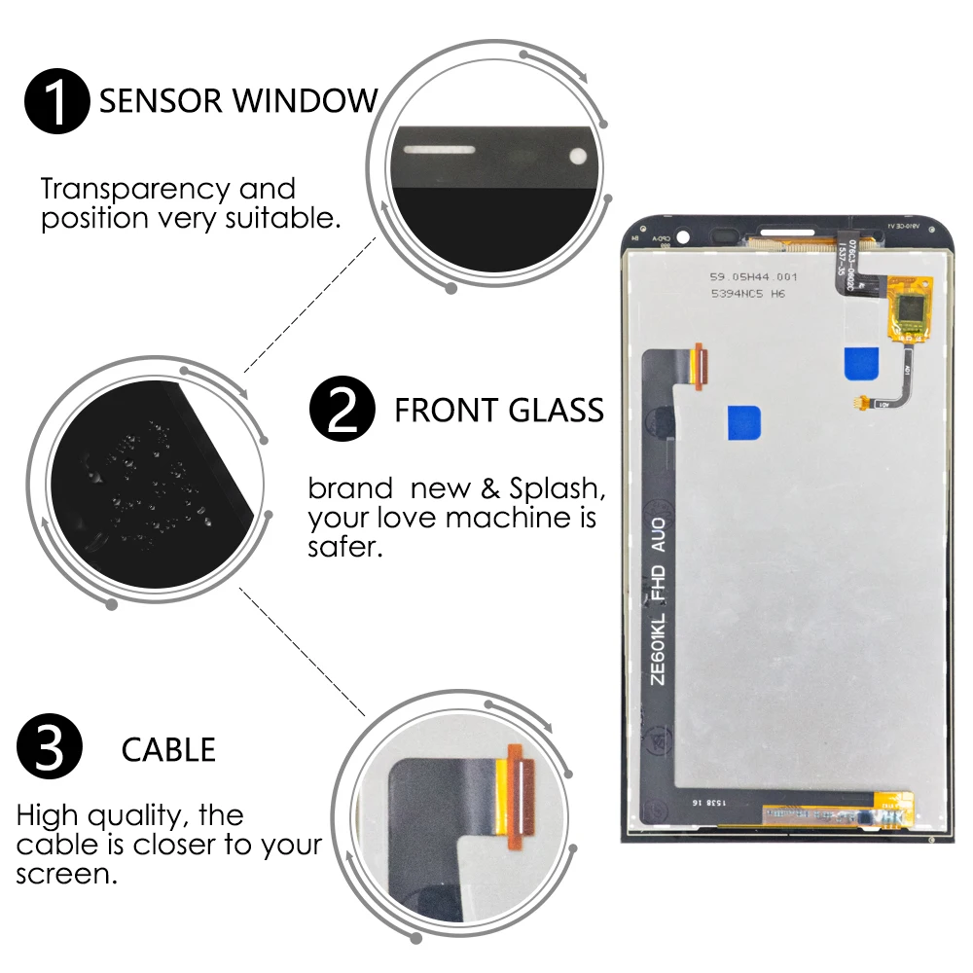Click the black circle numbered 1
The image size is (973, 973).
[57, 99]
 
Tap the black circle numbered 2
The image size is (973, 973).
[342, 410]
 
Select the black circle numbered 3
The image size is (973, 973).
[50, 749]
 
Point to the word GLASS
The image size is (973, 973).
[555, 410]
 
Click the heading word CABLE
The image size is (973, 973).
[168, 749]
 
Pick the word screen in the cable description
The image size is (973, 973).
[64, 873]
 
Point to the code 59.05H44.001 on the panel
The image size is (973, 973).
[746, 276]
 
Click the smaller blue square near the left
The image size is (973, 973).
[743, 422]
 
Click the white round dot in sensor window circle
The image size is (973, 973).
[578, 154]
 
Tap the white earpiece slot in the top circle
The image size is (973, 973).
[440, 151]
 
